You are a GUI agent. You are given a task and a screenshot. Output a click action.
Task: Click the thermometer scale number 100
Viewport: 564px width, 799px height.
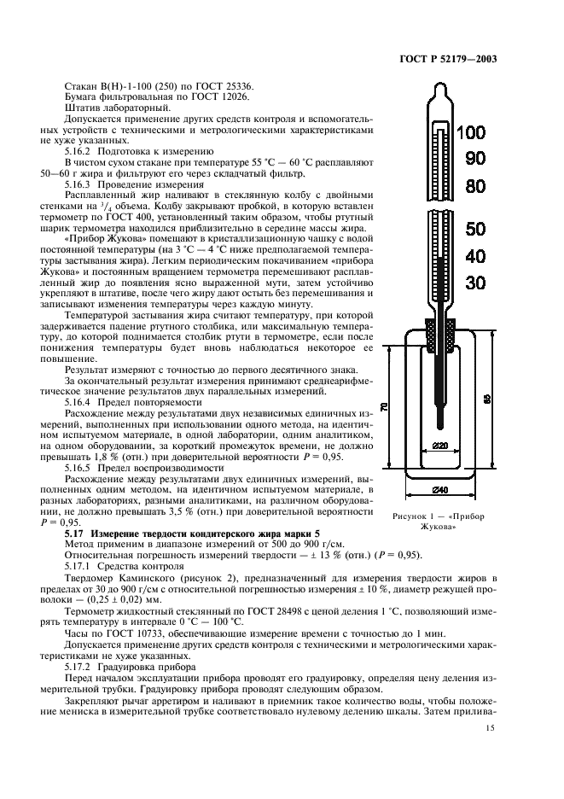coord(470,133)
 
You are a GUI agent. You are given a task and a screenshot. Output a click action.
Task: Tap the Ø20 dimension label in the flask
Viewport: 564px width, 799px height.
coord(439,445)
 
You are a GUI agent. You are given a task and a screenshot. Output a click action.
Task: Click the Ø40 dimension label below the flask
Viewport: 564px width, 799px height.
coord(439,489)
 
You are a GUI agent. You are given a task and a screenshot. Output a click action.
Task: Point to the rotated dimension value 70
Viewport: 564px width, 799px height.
coord(385,409)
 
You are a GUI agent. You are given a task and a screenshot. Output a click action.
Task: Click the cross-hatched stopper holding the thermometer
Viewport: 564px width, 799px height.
coord(439,332)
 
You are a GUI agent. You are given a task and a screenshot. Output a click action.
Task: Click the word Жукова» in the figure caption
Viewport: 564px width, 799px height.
coord(438,527)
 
